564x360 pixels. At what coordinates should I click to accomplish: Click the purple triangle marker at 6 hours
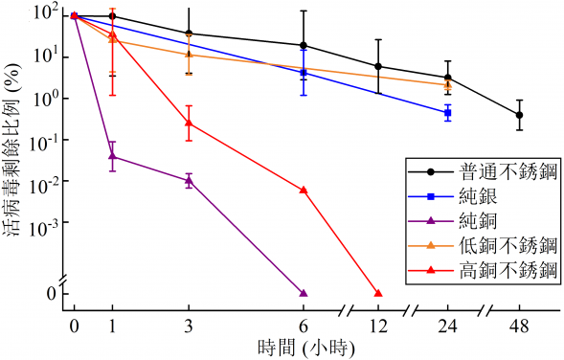[304, 293]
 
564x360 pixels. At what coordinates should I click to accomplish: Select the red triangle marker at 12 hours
[378, 293]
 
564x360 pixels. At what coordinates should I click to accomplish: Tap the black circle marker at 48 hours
[520, 115]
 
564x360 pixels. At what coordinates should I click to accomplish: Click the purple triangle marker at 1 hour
[112, 155]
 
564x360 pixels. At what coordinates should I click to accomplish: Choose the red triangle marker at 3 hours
[189, 123]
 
